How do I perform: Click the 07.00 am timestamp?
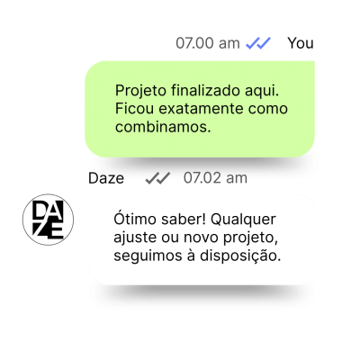click(x=208, y=43)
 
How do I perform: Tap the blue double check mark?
click(x=258, y=43)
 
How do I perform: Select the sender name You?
click(x=301, y=43)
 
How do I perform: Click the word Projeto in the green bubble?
click(x=140, y=91)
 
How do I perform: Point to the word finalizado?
click(x=206, y=90)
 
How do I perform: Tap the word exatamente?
click(x=201, y=109)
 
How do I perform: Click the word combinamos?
click(x=163, y=127)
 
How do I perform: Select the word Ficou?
click(x=134, y=108)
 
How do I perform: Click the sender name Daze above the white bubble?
click(x=106, y=178)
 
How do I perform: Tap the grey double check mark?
click(x=157, y=178)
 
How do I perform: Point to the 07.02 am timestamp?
click(x=215, y=178)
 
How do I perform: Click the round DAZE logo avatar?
click(x=48, y=220)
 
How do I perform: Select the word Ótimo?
click(x=135, y=219)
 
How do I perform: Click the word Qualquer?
click(x=243, y=220)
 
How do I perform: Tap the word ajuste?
click(x=135, y=238)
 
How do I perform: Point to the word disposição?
click(x=240, y=256)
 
